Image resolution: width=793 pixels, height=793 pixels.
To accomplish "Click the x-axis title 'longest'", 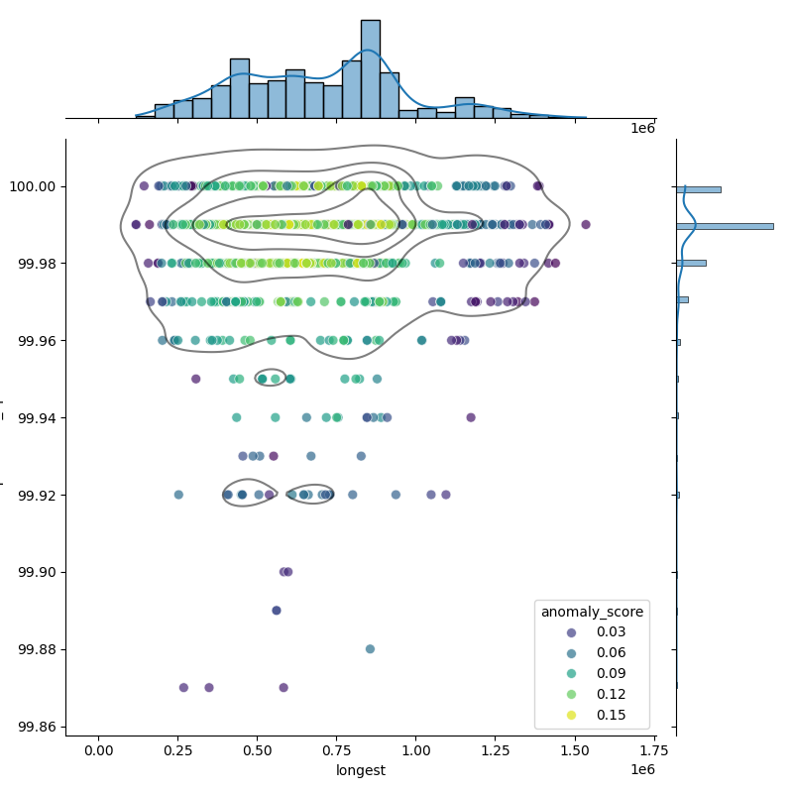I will (x=361, y=770).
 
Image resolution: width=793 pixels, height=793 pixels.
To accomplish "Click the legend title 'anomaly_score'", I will (x=592, y=613).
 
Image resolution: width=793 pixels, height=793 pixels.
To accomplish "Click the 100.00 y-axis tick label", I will (x=33, y=186).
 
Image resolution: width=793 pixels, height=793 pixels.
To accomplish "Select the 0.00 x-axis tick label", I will (x=98, y=750).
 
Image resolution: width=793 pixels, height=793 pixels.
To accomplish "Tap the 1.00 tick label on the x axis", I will (x=415, y=750).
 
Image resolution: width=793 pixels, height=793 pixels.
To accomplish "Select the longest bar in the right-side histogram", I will (x=724, y=226).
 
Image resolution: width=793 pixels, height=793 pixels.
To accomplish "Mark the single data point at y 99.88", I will (x=370, y=649).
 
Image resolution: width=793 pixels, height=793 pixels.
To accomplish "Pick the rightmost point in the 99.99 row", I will (x=586, y=225).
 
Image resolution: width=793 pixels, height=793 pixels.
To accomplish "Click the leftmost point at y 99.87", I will (x=183, y=688).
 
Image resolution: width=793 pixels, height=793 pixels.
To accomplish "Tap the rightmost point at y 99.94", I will (x=471, y=417).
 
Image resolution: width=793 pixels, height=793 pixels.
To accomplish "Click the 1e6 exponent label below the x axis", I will (x=642, y=770).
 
